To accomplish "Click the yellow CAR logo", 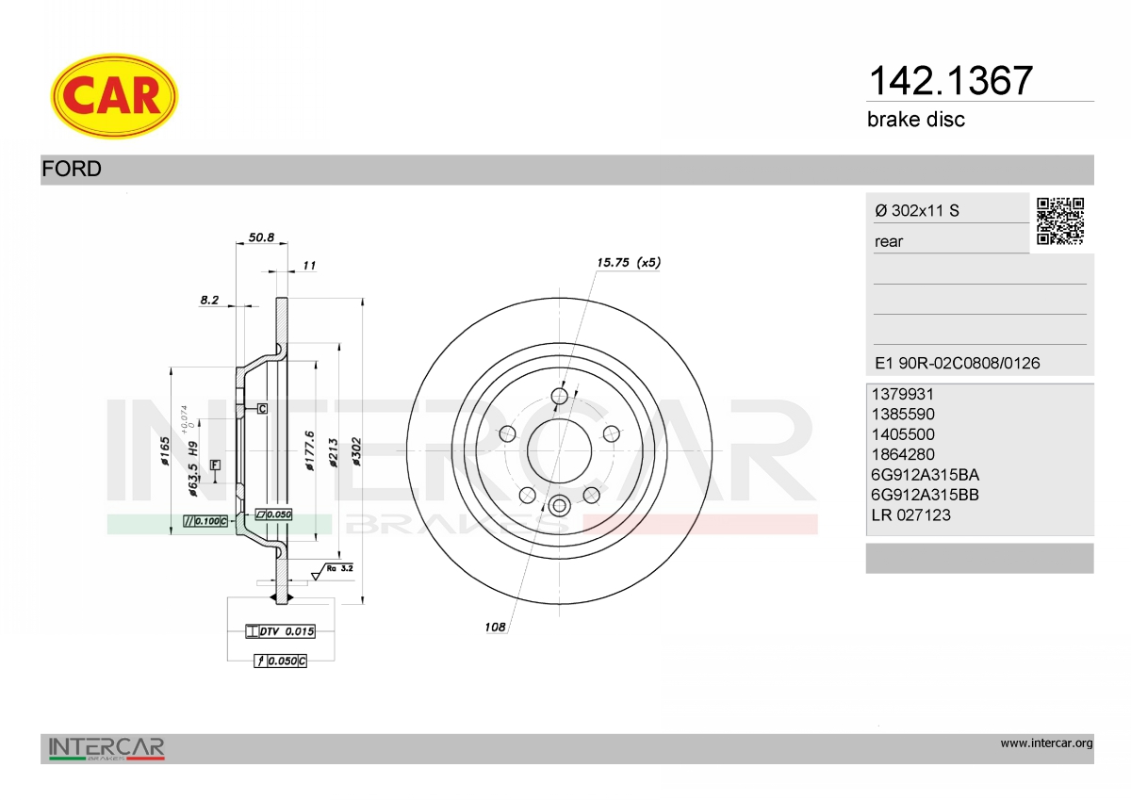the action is tap(114, 96).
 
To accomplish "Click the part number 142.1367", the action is tap(951, 81).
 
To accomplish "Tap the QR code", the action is tap(1060, 221).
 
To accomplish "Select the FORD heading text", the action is tap(72, 169).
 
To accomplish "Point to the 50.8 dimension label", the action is tap(262, 237).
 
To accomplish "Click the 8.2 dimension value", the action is tap(209, 300).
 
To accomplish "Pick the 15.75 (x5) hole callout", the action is tap(629, 263).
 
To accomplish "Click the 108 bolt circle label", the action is tap(495, 627).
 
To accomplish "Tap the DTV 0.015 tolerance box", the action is tap(280, 631).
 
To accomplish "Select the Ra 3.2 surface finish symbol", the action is tap(334, 570).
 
